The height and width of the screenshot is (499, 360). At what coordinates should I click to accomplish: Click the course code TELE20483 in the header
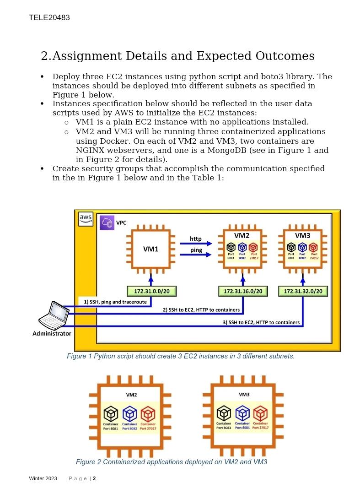49,18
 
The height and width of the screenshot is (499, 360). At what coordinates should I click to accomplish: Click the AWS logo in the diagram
86,219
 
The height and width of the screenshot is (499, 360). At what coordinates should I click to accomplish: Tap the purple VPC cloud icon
107,223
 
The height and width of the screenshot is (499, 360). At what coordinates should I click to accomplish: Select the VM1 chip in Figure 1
150,249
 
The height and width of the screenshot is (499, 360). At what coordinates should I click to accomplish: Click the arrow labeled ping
196,255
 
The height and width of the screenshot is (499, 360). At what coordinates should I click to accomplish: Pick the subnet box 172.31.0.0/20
151,291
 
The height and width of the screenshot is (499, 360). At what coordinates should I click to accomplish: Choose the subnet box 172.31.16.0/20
243,291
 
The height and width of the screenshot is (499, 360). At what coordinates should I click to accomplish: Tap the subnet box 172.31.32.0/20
303,291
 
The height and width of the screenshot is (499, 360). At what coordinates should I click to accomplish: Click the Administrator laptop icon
54,315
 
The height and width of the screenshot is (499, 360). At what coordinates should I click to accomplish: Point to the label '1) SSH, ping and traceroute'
115,302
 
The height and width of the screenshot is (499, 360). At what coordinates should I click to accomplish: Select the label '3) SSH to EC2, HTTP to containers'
261,322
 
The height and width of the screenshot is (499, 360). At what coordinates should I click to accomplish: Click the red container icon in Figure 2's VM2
148,414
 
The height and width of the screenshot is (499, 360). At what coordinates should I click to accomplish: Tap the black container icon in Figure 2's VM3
224,413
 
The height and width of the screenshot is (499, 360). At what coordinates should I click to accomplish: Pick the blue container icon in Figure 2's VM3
242,413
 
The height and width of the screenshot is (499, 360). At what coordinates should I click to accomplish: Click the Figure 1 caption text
181,356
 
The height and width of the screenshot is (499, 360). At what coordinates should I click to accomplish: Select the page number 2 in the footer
94,479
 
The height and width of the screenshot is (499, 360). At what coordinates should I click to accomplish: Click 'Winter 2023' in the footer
43,479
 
